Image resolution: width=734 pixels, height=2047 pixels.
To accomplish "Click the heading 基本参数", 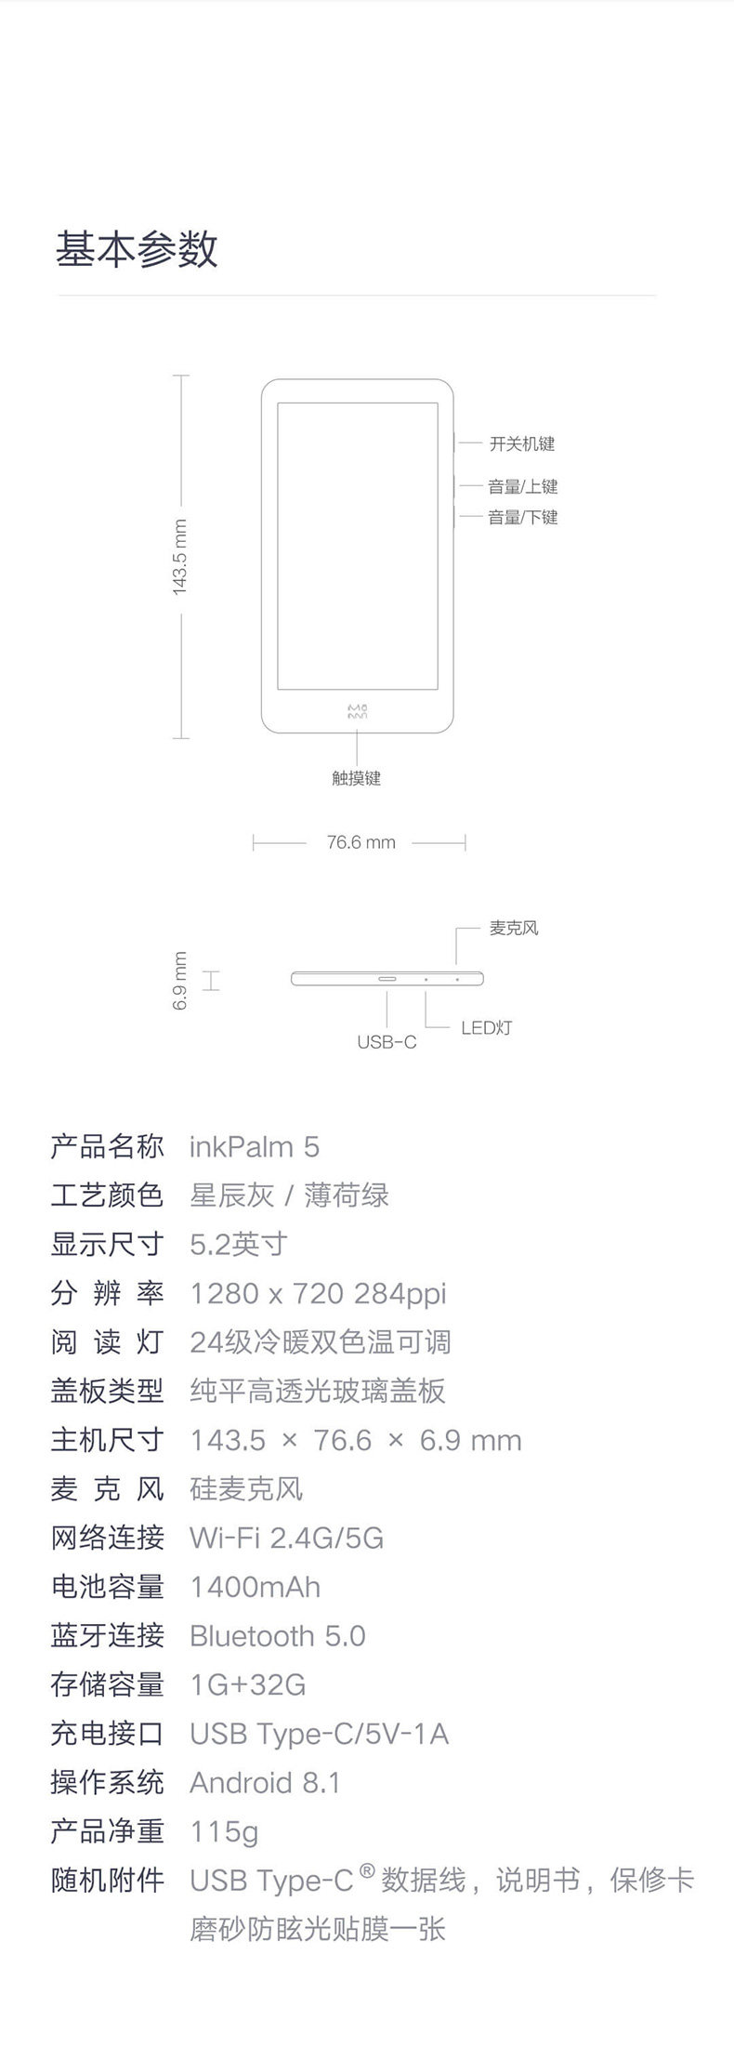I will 137,249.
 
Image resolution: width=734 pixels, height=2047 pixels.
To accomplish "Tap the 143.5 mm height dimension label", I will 180,557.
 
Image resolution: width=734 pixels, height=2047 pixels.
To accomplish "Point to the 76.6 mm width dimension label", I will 360,842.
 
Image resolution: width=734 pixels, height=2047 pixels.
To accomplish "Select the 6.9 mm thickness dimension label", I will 180,980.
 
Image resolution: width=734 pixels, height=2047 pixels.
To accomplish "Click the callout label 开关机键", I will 521,443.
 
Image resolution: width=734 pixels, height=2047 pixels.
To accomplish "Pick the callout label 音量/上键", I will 522,486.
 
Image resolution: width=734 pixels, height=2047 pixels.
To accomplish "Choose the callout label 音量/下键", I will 522,517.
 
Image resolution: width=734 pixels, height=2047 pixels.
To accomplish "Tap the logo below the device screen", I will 358,712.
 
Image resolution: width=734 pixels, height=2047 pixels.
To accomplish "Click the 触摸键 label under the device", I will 357,778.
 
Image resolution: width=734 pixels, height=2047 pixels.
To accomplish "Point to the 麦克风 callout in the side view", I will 513,928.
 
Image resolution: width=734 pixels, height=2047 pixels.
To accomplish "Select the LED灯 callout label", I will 486,1027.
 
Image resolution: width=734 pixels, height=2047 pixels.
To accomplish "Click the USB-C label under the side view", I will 387,1042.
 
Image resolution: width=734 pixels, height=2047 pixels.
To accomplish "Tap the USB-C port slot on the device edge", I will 387,979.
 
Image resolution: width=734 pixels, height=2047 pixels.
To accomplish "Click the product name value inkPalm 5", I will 254,1146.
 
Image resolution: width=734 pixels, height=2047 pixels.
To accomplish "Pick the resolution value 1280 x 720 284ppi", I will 318,1293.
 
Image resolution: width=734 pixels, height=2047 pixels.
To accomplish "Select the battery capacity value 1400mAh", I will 255,1587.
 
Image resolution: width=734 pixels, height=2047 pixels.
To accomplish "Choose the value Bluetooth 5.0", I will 277,1635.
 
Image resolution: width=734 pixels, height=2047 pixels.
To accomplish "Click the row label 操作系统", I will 107,1782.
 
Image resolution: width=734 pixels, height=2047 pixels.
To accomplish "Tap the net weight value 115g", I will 223,1831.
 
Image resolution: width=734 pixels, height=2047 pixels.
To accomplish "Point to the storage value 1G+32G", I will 247,1684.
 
